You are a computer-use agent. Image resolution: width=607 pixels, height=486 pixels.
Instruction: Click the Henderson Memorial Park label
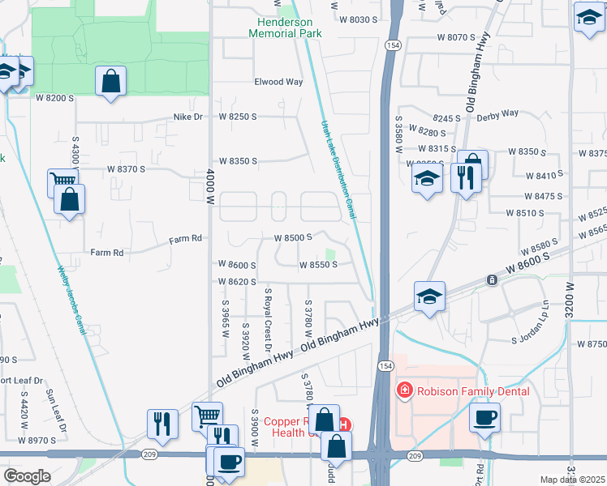tap(285, 27)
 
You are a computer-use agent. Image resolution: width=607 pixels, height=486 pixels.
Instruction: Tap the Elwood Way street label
tap(278, 82)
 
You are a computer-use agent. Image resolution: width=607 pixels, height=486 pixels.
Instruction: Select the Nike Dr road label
tap(187, 117)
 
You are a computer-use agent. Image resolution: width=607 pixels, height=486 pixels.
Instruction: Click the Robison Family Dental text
tap(473, 391)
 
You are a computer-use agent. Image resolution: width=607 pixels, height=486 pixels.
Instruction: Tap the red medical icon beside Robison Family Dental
tap(403, 391)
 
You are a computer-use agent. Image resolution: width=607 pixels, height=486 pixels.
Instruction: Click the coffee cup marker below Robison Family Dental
tap(485, 417)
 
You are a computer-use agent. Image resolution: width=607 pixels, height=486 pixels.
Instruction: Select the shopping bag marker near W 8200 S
tap(110, 81)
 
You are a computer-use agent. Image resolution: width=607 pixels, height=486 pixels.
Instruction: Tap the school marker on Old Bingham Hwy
tap(429, 296)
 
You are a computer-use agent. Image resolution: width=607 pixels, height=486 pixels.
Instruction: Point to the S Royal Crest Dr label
tap(267, 319)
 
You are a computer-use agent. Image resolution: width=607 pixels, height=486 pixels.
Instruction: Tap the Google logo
tap(28, 476)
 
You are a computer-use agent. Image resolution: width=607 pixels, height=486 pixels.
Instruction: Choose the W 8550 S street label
tap(318, 265)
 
